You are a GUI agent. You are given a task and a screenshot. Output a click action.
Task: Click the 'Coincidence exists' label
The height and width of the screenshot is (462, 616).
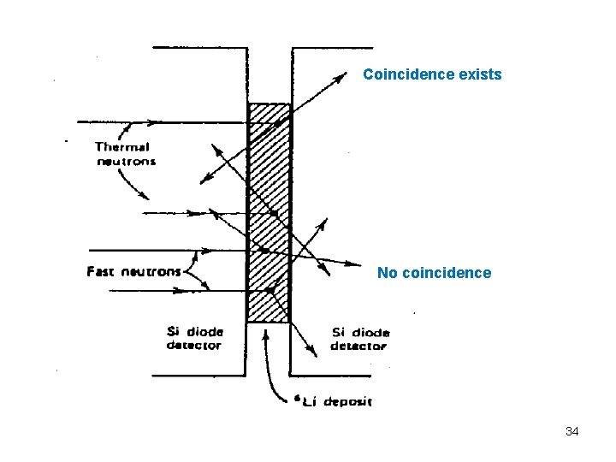point(432,74)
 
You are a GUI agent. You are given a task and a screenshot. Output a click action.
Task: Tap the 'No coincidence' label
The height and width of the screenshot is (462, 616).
point(435,273)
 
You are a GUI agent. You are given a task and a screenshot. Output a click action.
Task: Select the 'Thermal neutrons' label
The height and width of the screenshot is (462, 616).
point(124,154)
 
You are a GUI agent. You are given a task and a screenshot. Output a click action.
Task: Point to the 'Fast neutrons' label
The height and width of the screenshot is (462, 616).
point(134,272)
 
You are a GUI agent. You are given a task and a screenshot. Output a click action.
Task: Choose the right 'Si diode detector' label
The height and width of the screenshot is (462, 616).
point(360,339)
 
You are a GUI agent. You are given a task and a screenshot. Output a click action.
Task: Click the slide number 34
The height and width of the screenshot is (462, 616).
point(572,431)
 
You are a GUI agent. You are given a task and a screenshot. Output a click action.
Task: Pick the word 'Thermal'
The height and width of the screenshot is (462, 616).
point(122,147)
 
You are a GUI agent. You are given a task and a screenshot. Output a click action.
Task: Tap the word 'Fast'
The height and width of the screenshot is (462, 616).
point(102,272)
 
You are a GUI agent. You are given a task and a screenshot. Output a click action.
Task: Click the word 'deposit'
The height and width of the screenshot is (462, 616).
point(351,401)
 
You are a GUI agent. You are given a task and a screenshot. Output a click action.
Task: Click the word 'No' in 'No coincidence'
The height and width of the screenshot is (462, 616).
point(387,273)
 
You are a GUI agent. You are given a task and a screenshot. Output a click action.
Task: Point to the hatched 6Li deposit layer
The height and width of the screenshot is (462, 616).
point(269,214)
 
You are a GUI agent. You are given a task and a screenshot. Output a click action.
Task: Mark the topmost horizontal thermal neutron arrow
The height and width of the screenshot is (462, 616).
point(154,121)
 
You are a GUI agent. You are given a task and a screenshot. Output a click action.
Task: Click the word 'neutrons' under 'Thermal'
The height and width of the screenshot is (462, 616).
point(126,162)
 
